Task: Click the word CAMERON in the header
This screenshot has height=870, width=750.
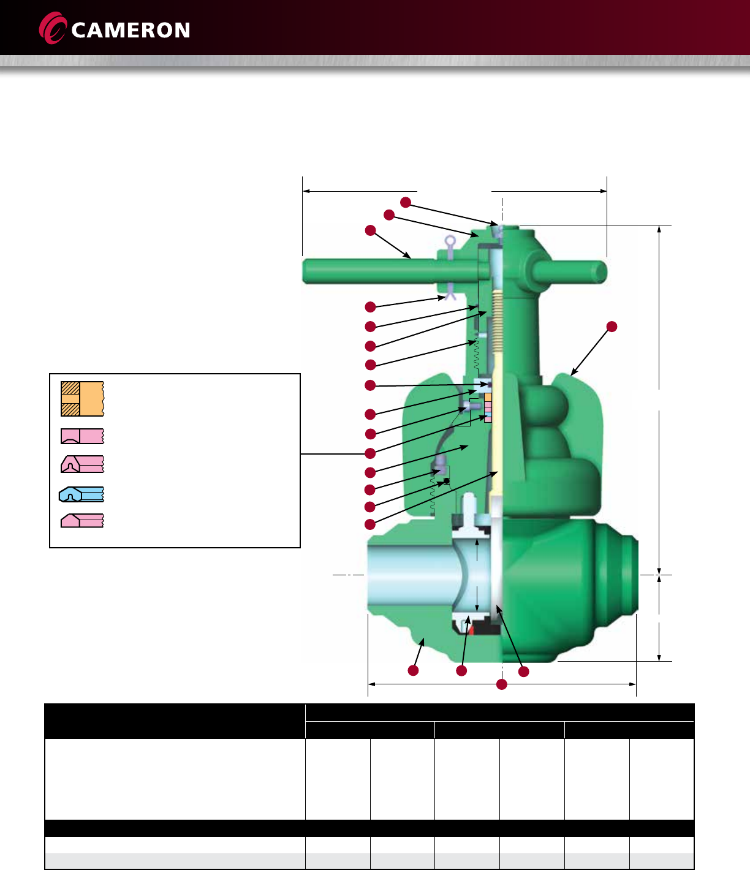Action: pos(131,30)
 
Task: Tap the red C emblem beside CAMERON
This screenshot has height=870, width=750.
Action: pos(52,28)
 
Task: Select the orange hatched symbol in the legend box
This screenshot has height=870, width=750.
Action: pos(82,399)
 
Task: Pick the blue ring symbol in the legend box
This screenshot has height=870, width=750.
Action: pos(81,494)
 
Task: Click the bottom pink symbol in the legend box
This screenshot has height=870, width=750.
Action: pos(82,521)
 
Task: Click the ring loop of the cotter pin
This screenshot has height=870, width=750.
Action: pos(450,241)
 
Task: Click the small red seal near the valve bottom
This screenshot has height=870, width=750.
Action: pos(471,630)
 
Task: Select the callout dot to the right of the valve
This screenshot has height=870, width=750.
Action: pos(612,327)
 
